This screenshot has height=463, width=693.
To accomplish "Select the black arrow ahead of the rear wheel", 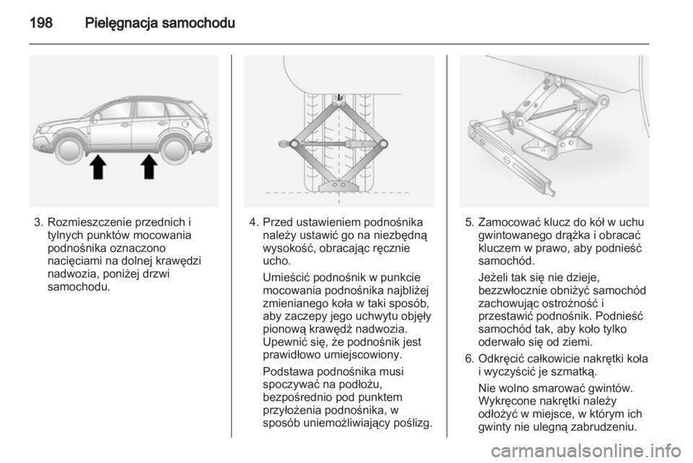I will coord(149,167).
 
